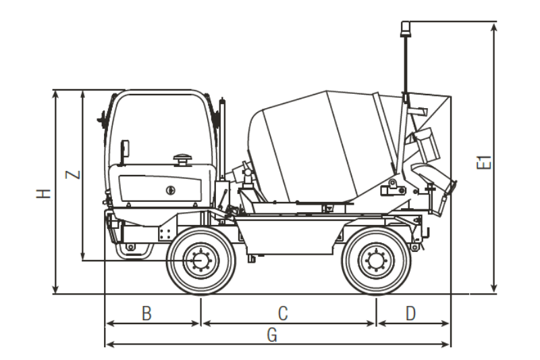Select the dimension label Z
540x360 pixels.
(x=75, y=174)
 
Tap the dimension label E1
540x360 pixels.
(x=483, y=163)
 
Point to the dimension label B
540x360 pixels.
(x=146, y=313)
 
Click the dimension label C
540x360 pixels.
(x=283, y=313)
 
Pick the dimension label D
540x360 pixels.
(x=410, y=313)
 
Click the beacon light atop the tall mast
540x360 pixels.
(x=406, y=28)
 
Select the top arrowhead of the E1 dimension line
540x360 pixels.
(x=495, y=26)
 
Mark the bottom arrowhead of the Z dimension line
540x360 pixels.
(x=82, y=257)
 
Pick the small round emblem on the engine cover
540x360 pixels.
(x=169, y=190)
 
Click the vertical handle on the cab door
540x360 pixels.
(x=124, y=150)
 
